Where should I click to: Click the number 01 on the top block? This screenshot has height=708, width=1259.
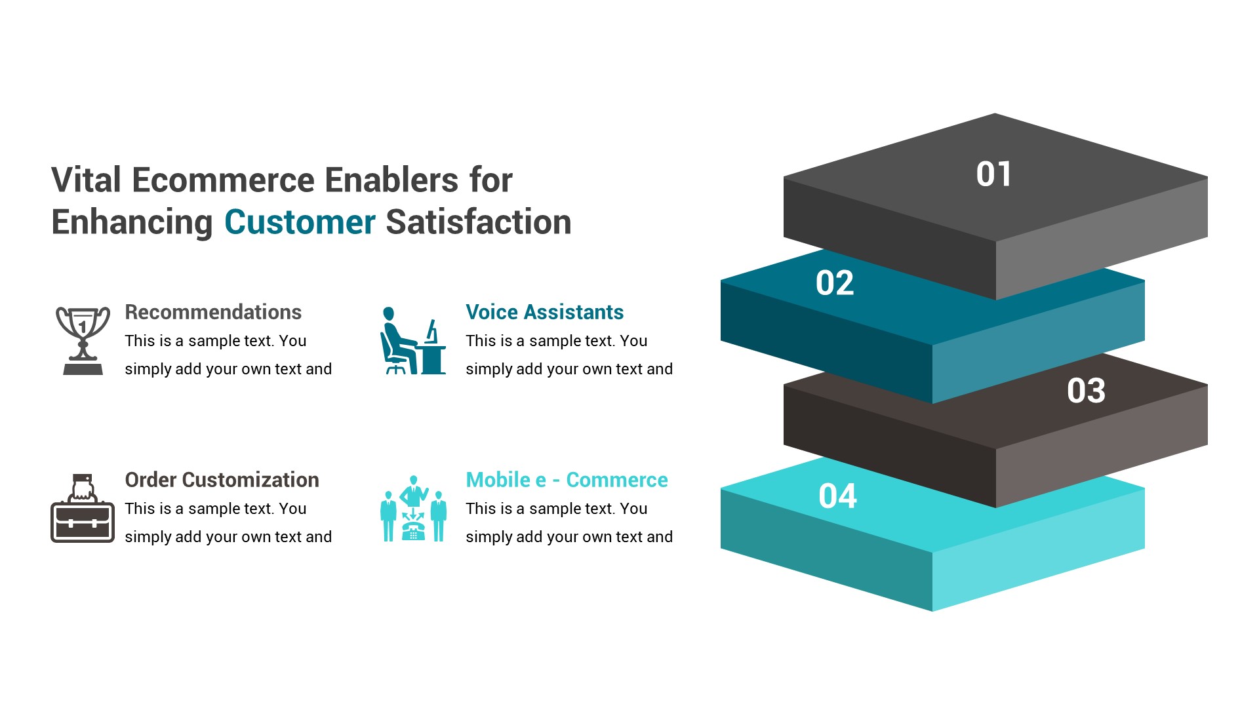tap(993, 174)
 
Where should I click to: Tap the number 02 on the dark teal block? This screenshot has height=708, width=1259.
tap(835, 283)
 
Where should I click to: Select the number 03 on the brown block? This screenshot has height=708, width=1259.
tap(1086, 391)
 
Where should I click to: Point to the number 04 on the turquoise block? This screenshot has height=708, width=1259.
tap(837, 496)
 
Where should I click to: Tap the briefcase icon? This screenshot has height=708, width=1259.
tap(83, 509)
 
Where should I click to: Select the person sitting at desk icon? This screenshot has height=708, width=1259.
tap(413, 341)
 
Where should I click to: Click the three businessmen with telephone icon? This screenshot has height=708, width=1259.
tap(413, 509)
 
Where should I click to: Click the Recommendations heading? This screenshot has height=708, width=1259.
tap(213, 312)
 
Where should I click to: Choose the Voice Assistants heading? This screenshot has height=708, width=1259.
tap(544, 312)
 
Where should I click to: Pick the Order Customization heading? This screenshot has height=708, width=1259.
tap(222, 480)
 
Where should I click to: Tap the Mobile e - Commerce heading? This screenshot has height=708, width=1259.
tap(567, 480)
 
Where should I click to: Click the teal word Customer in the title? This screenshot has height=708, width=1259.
tap(300, 222)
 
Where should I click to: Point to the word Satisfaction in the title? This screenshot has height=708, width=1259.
tap(479, 222)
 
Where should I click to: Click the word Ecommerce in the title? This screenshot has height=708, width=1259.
tap(223, 180)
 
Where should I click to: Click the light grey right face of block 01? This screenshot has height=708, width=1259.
tap(1102, 239)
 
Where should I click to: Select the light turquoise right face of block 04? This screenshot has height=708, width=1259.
tap(1039, 551)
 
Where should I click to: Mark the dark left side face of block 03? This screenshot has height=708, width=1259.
tap(889, 446)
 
